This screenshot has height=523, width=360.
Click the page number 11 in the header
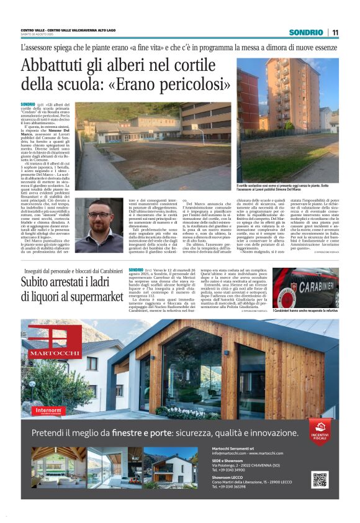(335, 32)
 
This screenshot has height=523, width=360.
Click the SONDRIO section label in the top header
(306, 32)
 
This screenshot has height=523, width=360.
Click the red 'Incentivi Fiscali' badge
(320, 428)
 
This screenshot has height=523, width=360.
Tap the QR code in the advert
(320, 480)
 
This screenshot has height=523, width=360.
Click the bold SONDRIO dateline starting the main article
(28, 104)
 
